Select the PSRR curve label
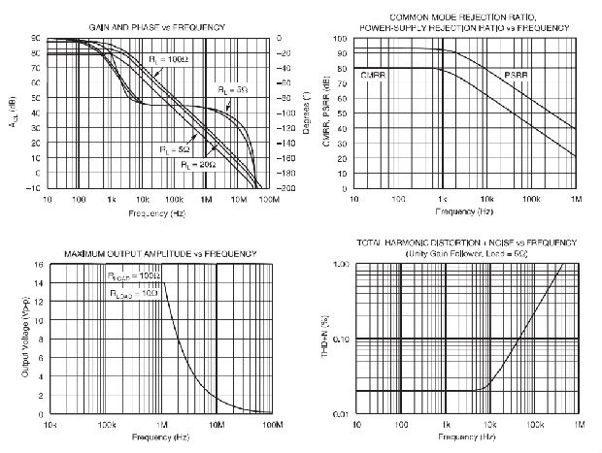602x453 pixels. (x=517, y=75)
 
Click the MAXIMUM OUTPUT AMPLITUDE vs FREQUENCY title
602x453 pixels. (x=160, y=253)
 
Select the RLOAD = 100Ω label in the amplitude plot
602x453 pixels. (x=134, y=276)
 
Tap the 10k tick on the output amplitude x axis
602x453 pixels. (x=48, y=425)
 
